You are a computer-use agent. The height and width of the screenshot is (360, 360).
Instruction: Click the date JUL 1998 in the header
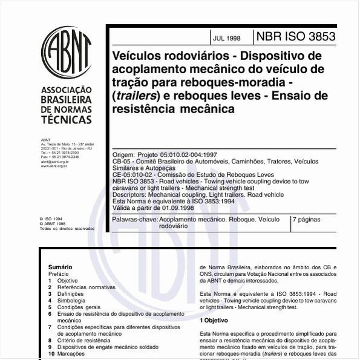point(226,38)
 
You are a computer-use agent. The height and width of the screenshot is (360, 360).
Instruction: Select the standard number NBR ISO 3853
point(295,36)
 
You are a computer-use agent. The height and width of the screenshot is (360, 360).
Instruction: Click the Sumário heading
point(61,267)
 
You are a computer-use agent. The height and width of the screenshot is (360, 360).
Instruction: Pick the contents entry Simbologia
point(71,300)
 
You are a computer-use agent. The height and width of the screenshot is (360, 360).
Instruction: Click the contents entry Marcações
point(71,353)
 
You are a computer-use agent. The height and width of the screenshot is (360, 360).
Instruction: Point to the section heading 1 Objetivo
point(214,320)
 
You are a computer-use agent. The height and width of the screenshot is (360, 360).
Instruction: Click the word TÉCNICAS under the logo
point(66,120)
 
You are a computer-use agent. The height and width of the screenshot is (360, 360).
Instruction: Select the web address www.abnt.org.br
point(54,166)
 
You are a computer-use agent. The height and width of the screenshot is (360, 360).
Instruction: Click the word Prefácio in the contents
point(59,273)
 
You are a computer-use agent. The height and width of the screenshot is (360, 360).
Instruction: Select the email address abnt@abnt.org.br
point(55,162)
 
